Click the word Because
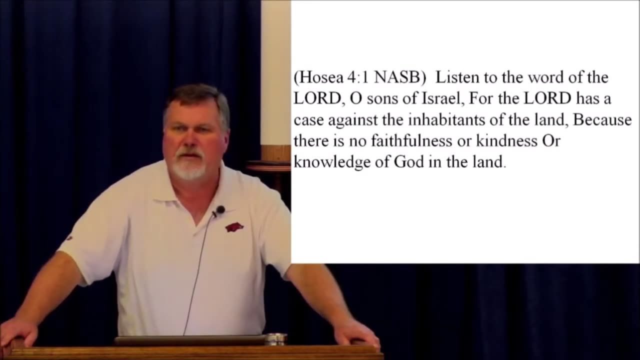pyautogui.click(x=602, y=120)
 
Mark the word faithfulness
pyautogui.click(x=411, y=141)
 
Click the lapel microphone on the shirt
pyautogui.click(x=219, y=210)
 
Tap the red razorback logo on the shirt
pyautogui.click(x=234, y=227)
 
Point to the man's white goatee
pyautogui.click(x=189, y=170)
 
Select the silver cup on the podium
pyautogui.click(x=275, y=338)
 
